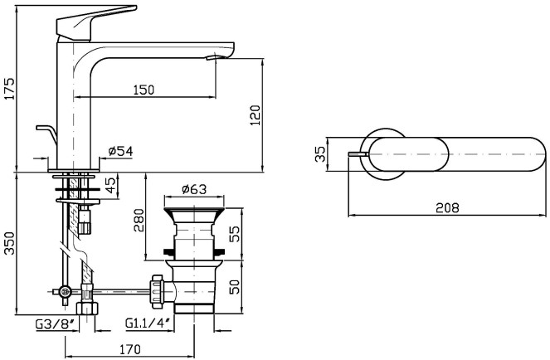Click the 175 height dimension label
click(9, 89)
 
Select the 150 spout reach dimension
click(144, 90)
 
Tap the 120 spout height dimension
click(256, 115)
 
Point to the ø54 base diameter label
click(120, 151)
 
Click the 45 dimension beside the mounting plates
click(110, 185)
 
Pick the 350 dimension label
click(9, 243)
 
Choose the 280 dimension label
click(139, 221)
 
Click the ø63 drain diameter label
click(194, 189)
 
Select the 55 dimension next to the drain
click(234, 234)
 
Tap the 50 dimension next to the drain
click(234, 286)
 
